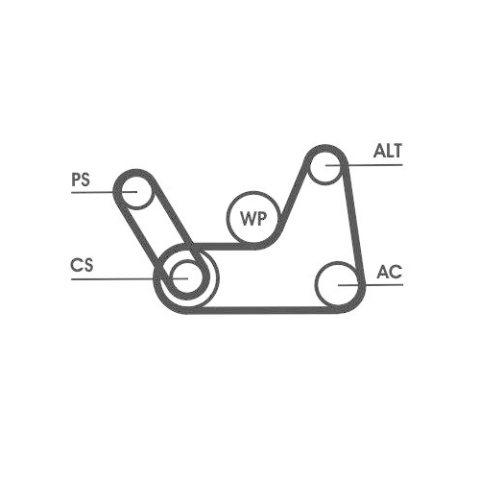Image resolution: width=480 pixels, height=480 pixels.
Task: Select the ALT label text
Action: click(388, 152)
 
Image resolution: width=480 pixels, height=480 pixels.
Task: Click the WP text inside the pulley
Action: click(252, 217)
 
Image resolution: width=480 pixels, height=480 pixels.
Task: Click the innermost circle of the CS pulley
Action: click(185, 276)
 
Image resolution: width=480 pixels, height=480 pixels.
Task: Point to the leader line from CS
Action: click(115, 278)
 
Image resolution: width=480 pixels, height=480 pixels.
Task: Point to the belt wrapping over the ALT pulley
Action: click(327, 148)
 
